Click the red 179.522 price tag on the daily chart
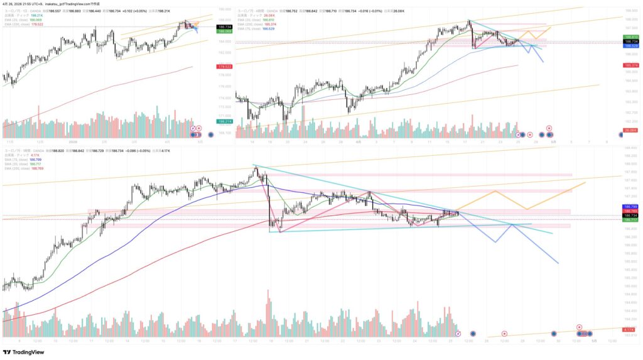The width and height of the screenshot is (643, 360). pos(224,67)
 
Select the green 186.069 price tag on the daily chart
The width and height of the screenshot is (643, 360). pos(224,31)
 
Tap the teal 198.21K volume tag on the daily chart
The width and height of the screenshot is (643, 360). pos(224,121)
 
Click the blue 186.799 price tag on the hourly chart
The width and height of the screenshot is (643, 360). pos(630,206)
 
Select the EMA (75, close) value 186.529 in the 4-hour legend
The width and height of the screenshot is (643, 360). pos(268,28)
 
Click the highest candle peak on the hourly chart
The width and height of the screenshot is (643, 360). pos(256,165)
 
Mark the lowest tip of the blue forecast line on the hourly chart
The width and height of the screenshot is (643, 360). pos(558,263)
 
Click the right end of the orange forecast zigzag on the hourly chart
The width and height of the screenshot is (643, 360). pos(585,182)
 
